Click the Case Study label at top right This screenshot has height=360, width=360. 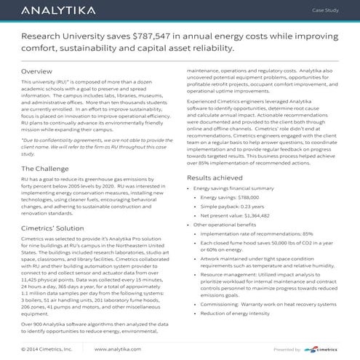pos(326,12)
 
